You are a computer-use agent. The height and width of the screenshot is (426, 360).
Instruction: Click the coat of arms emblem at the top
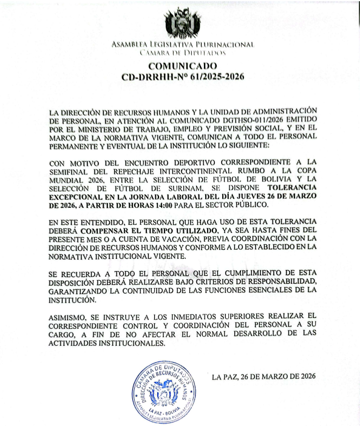tap(183, 24)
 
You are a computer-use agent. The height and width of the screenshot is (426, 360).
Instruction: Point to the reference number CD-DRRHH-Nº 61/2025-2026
tap(183, 77)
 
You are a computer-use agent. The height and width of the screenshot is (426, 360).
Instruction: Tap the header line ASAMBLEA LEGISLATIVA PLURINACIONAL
tap(183, 45)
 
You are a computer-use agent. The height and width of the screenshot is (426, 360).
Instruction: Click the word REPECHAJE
tap(131, 172)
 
